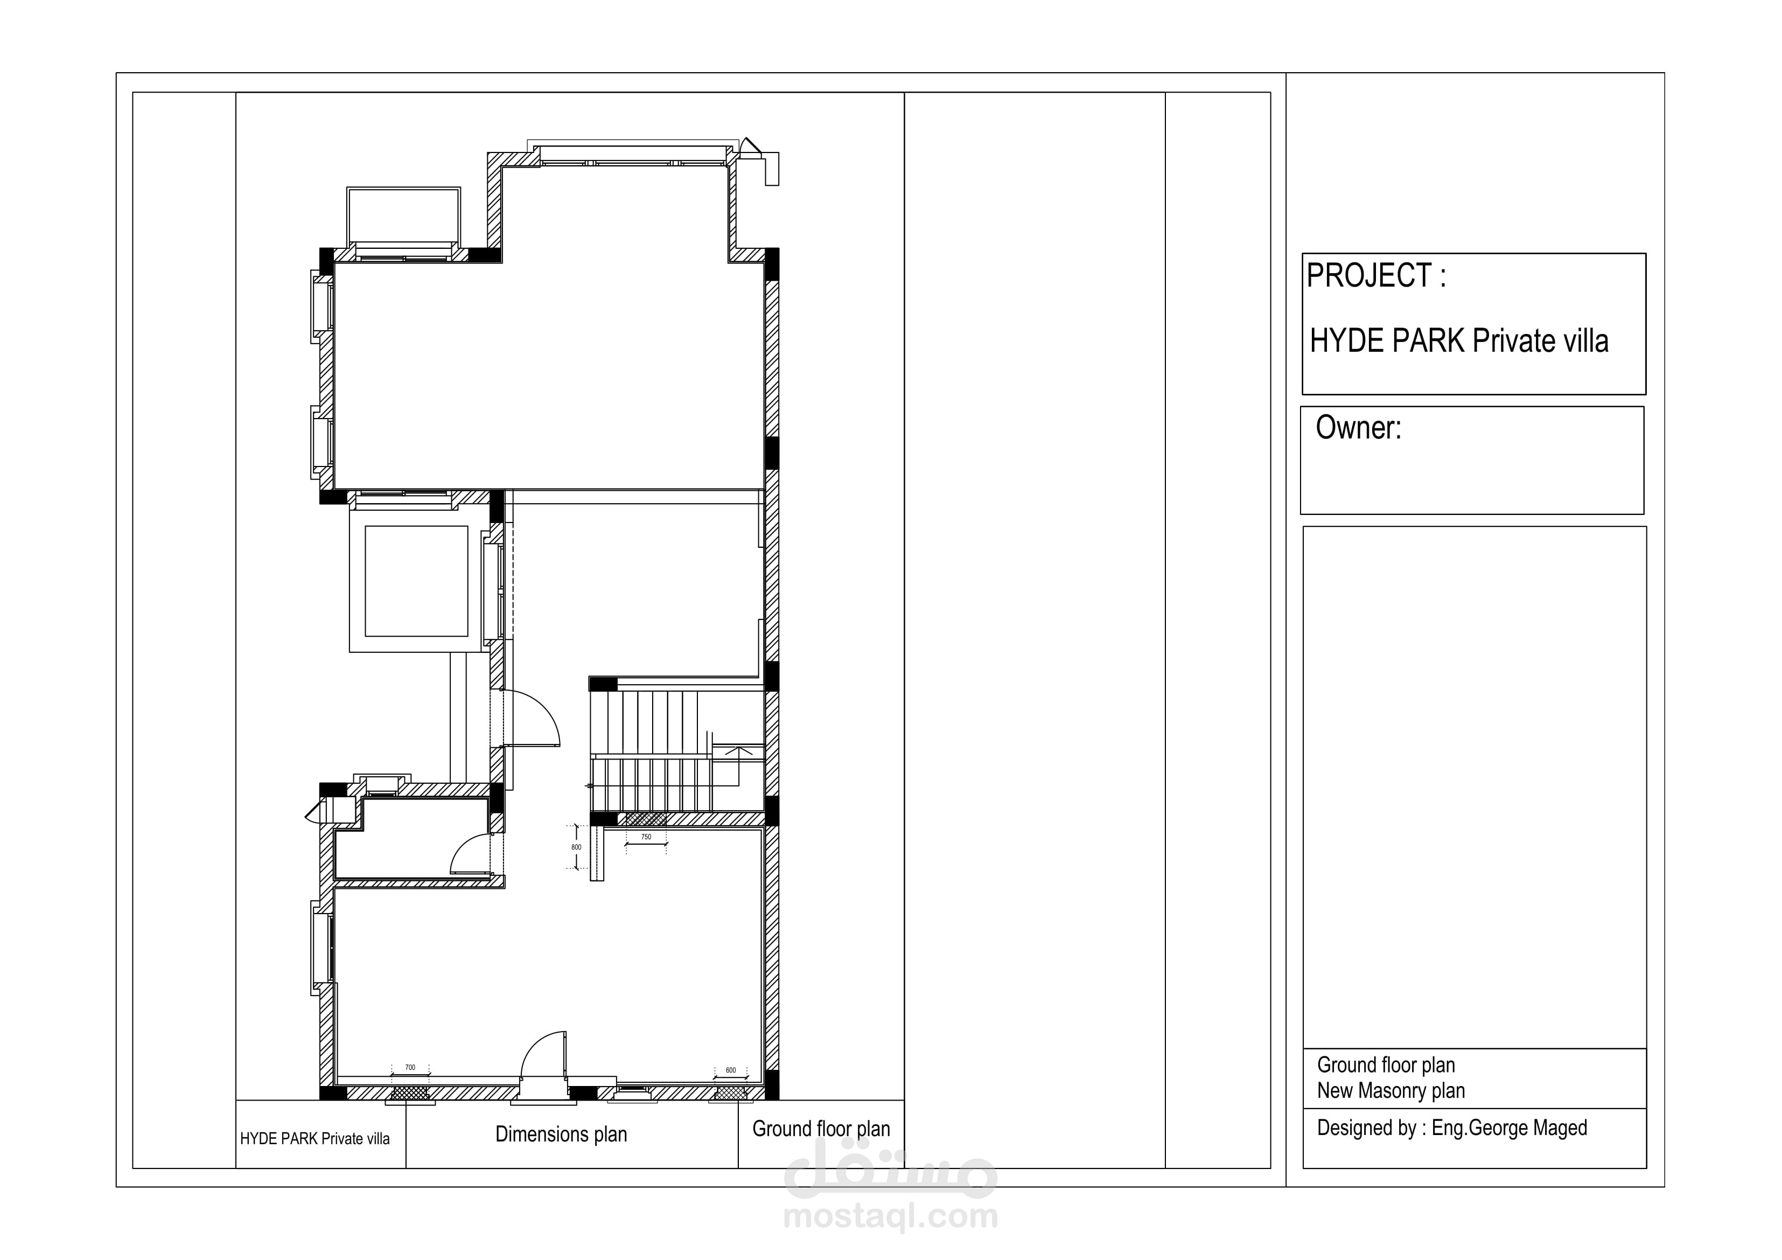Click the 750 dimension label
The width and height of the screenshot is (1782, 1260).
click(x=646, y=837)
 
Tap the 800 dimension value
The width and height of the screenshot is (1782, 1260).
click(x=576, y=847)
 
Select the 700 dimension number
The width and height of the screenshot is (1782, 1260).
click(x=410, y=1068)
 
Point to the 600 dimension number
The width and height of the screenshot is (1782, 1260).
click(x=730, y=1070)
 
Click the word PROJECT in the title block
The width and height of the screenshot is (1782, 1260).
click(x=1369, y=276)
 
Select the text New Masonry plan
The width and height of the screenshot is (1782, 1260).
click(x=1391, y=1091)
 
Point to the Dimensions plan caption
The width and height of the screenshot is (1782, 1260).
click(x=561, y=1134)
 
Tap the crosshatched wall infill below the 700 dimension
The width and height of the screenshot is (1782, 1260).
click(x=410, y=1093)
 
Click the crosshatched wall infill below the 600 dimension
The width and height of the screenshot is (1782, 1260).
click(x=731, y=1093)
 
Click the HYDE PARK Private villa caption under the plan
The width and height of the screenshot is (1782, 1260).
click(x=315, y=1139)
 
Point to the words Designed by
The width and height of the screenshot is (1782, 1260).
click(x=1367, y=1128)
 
